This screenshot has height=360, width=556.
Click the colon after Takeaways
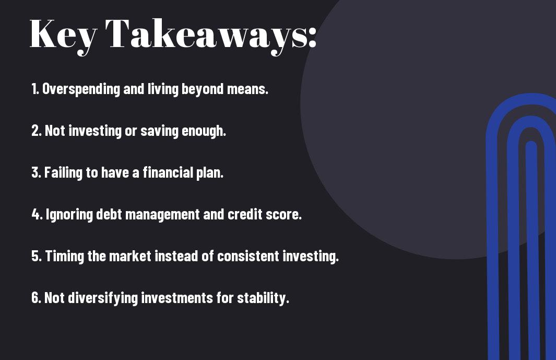[312, 37]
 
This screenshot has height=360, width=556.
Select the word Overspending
[81, 89]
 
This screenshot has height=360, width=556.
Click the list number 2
[36, 131]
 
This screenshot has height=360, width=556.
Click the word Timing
[65, 257]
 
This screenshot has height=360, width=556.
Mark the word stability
[263, 298]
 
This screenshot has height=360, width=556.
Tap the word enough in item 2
[204, 131]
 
